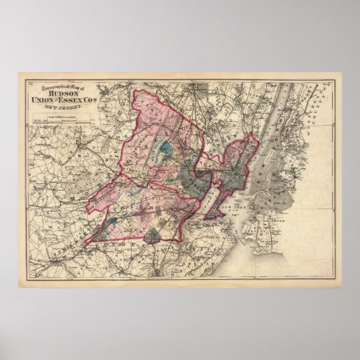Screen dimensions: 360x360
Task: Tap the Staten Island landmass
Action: [x=224, y=234]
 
